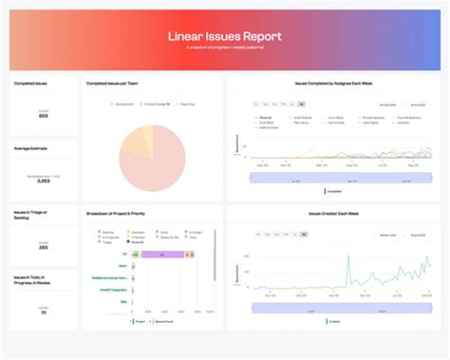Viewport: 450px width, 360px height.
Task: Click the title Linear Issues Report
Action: tap(224, 35)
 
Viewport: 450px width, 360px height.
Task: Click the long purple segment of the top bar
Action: tap(161, 255)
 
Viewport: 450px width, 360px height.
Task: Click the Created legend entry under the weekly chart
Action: tap(333, 321)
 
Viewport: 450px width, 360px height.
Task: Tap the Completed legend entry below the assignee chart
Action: tap(333, 190)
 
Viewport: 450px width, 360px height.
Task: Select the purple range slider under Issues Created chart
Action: tap(332, 308)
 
